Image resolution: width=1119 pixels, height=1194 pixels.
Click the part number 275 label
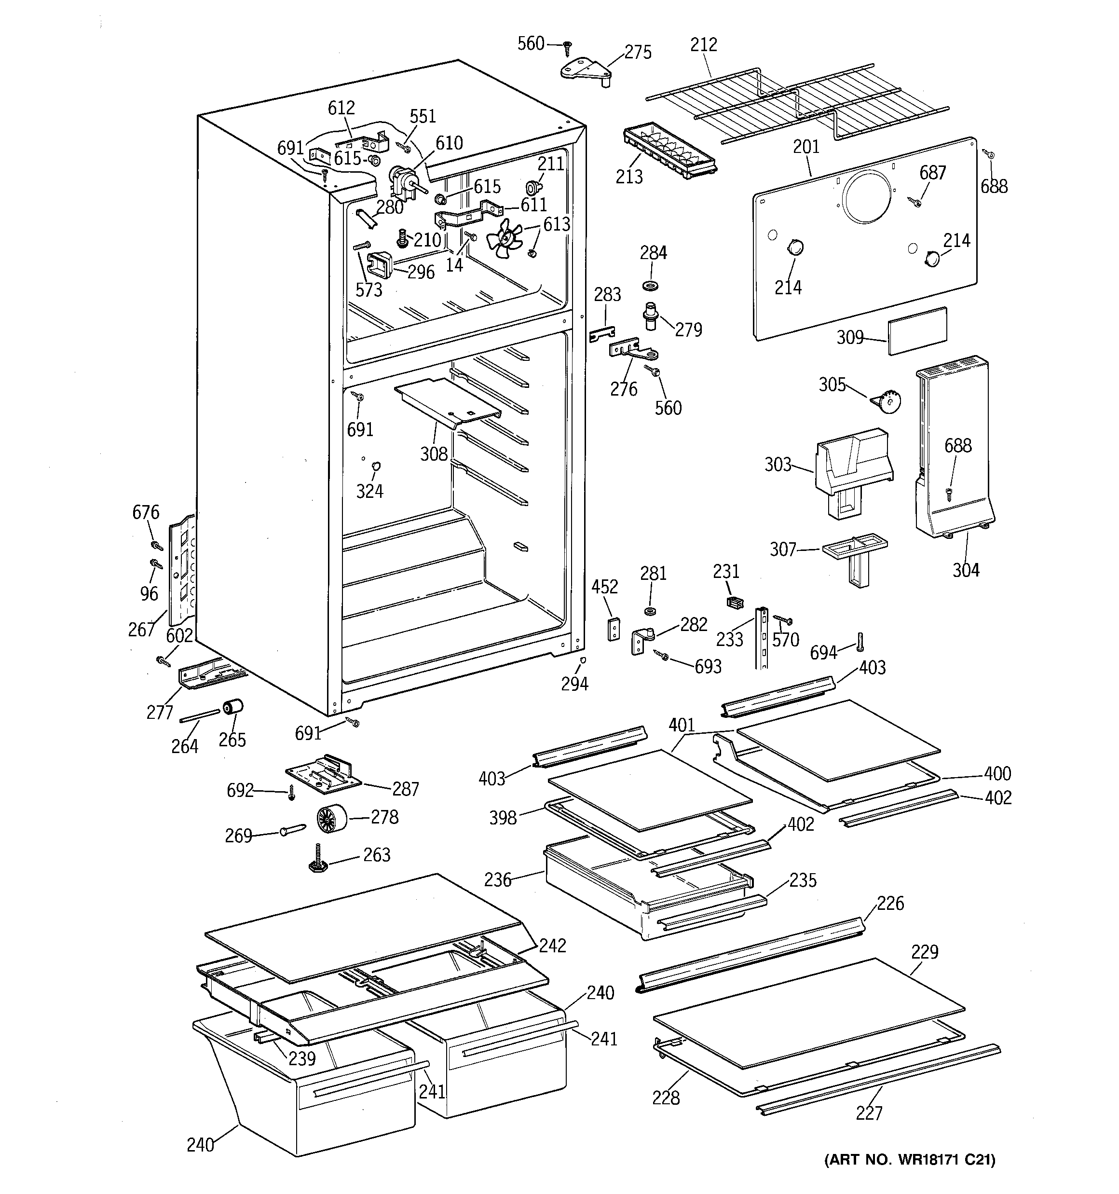pyautogui.click(x=637, y=53)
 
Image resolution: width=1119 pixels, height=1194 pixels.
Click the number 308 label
pyautogui.click(x=434, y=454)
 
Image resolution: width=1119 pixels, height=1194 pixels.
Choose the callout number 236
pyautogui.click(x=498, y=880)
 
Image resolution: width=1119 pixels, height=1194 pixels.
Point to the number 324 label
pyautogui.click(x=369, y=491)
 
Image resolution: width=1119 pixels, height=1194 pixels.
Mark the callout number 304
pyautogui.click(x=965, y=570)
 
